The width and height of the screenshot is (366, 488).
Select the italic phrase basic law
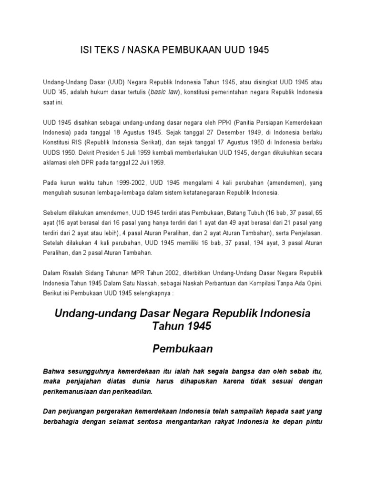point(163,92)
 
